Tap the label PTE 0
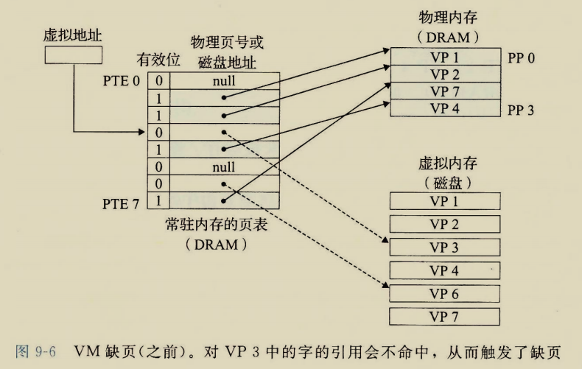tap(121, 80)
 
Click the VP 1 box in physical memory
tap(443, 57)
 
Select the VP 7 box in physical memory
tap(443, 91)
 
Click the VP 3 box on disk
tap(443, 247)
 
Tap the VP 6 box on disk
tap(443, 292)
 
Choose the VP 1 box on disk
tap(443, 201)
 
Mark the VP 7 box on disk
tap(443, 316)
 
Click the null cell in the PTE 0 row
tap(223, 81)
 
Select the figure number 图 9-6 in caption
tap(35, 348)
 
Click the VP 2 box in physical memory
tap(443, 74)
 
